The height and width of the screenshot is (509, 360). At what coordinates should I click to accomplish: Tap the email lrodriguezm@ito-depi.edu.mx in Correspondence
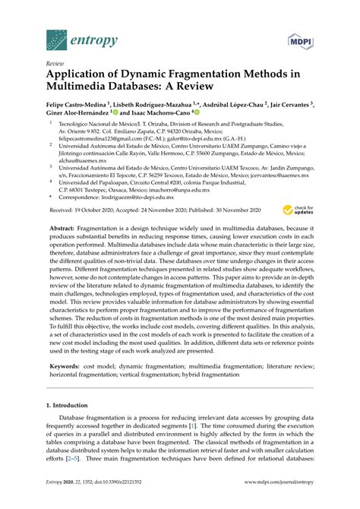coord(145,193)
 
